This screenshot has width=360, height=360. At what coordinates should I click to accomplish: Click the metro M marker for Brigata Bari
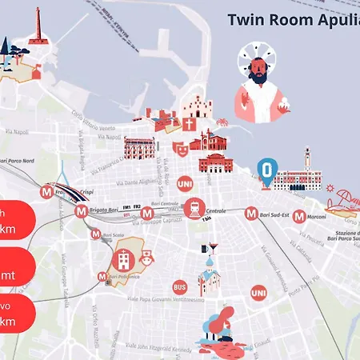tap(81, 212)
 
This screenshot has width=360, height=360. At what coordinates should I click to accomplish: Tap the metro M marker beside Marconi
tap(299, 216)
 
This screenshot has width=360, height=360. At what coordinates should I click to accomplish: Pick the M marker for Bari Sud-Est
tap(251, 214)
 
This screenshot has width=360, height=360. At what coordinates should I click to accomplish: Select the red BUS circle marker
tap(180, 286)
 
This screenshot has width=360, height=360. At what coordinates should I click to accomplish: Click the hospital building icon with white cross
tap(124, 258)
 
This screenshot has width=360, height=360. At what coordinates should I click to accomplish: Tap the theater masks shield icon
tap(178, 148)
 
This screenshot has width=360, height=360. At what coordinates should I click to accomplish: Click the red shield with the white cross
tap(189, 125)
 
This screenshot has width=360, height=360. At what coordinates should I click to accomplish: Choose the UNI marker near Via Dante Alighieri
tap(184, 183)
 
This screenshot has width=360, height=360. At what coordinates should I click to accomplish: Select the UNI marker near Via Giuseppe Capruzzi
tap(258, 294)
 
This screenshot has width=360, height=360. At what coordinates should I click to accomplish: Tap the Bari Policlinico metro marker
tap(102, 277)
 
